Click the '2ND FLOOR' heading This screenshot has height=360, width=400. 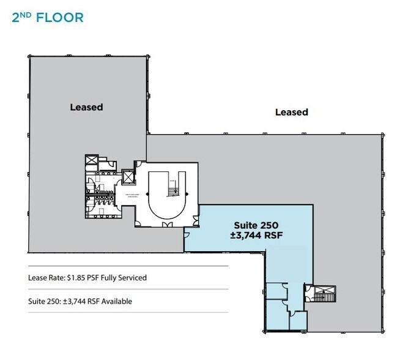(x=47, y=17)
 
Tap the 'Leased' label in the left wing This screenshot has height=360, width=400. (x=86, y=107)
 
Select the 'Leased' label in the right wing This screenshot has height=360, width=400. (x=291, y=112)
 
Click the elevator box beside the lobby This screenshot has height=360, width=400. (x=127, y=178)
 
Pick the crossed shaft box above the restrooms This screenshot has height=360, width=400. (x=91, y=161)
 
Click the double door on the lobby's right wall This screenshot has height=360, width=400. (x=196, y=219)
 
